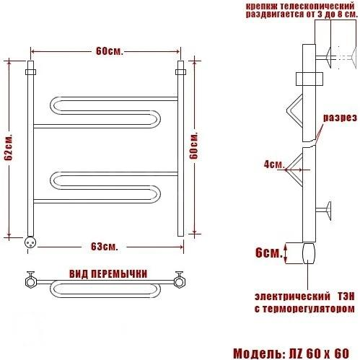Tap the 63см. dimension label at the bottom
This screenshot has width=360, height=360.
point(105,247)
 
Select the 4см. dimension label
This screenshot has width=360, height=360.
point(274,164)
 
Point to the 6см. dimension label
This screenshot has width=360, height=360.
point(269,253)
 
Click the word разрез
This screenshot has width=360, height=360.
point(340,118)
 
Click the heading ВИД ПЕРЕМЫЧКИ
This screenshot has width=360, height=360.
point(108,274)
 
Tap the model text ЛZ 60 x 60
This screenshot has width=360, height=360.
point(319,354)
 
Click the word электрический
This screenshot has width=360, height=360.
point(292,297)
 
